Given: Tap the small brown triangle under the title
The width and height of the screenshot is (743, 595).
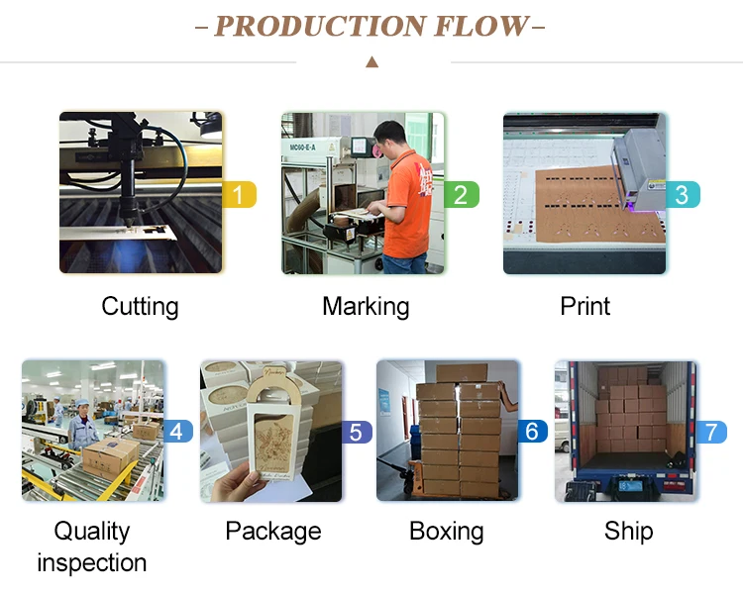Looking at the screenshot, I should tap(371, 62).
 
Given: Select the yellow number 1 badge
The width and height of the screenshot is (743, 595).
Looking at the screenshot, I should tap(241, 194).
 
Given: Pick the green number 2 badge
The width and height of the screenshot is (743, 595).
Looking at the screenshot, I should tap(461, 194).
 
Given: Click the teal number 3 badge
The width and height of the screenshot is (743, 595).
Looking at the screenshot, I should tap(682, 194).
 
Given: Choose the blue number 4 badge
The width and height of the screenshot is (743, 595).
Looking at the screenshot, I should tap(177, 432).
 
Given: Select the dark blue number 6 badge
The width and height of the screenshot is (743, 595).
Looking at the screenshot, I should tap(532, 432).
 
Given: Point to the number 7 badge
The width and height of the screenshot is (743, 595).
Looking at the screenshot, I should tap(710, 432).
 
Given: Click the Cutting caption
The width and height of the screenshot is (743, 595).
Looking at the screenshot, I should tap(140, 307).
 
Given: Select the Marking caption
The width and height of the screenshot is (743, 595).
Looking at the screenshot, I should tap(366, 307).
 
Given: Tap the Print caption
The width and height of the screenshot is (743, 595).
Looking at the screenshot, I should tap(585, 307).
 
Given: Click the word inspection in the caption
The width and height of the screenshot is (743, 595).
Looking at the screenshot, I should tap(92, 563).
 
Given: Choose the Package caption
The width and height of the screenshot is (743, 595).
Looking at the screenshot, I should tap(273, 532).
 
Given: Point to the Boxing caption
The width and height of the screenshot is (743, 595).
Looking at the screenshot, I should tap(447, 532).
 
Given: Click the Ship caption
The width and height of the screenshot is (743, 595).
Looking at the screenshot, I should tap(629, 532).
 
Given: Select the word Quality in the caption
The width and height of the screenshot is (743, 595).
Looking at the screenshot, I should tap(92, 532).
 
